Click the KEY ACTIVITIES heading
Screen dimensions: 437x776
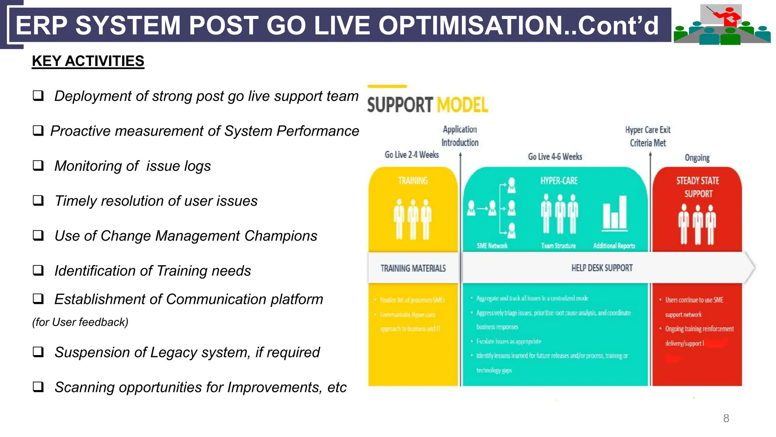pyautogui.click(x=88, y=61)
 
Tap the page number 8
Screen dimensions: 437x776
pyautogui.click(x=726, y=418)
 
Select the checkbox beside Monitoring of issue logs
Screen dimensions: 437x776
pyautogui.click(x=38, y=166)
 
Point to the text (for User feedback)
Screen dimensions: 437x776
pyautogui.click(x=80, y=322)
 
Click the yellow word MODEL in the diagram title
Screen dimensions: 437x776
pyautogui.click(x=462, y=105)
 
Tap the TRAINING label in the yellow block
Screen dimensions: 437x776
pyautogui.click(x=413, y=181)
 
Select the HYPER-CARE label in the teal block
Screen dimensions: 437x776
pyautogui.click(x=559, y=181)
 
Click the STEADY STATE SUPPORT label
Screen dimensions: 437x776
pyautogui.click(x=698, y=187)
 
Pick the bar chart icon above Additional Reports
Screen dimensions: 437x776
pyautogui.click(x=615, y=213)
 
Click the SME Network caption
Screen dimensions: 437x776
pyautogui.click(x=492, y=246)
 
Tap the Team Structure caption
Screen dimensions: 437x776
pyautogui.click(x=558, y=246)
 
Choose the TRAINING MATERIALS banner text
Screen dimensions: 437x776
pyautogui.click(x=413, y=268)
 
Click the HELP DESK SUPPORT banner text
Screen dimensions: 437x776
pyautogui.click(x=602, y=268)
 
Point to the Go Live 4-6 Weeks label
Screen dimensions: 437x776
pyautogui.click(x=555, y=157)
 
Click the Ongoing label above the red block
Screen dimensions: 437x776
pyautogui.click(x=697, y=158)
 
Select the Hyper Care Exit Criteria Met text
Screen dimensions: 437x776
pyautogui.click(x=648, y=136)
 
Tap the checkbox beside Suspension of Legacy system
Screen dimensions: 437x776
pyautogui.click(x=38, y=352)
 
